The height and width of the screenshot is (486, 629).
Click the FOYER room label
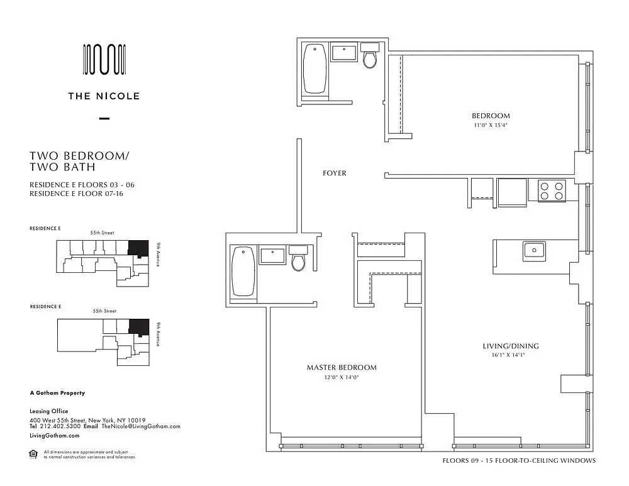334,174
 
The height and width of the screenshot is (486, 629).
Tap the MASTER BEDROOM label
342,367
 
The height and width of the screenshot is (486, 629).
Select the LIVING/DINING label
511,346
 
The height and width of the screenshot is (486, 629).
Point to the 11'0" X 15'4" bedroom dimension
491,125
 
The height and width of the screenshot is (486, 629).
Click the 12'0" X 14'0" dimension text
342,377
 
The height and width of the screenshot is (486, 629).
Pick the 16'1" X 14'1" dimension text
508,355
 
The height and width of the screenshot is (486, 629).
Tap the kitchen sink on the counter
534,251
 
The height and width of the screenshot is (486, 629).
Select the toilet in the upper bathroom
369,55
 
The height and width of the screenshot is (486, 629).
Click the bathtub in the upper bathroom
314,69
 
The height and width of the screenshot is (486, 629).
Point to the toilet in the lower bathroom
298,258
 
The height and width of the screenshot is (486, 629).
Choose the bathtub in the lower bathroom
243,272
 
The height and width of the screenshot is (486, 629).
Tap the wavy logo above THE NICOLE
104,59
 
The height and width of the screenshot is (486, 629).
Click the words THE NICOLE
104,96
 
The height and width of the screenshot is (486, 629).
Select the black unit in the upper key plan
138,248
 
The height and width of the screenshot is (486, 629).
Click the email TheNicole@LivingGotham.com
141,427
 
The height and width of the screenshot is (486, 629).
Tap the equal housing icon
33,455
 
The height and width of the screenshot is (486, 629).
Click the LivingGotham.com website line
55,436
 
